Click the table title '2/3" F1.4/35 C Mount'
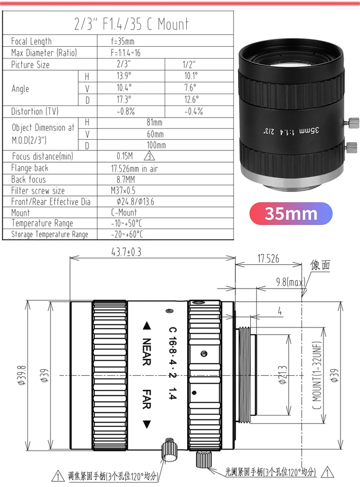[131, 24]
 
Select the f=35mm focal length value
[123, 41]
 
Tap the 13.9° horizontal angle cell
[124, 76]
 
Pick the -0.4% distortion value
[193, 111]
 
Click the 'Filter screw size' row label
[38, 190]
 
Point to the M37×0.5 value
[123, 190]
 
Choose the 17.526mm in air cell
[134, 169]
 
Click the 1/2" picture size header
[189, 64]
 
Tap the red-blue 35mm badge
[291, 213]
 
